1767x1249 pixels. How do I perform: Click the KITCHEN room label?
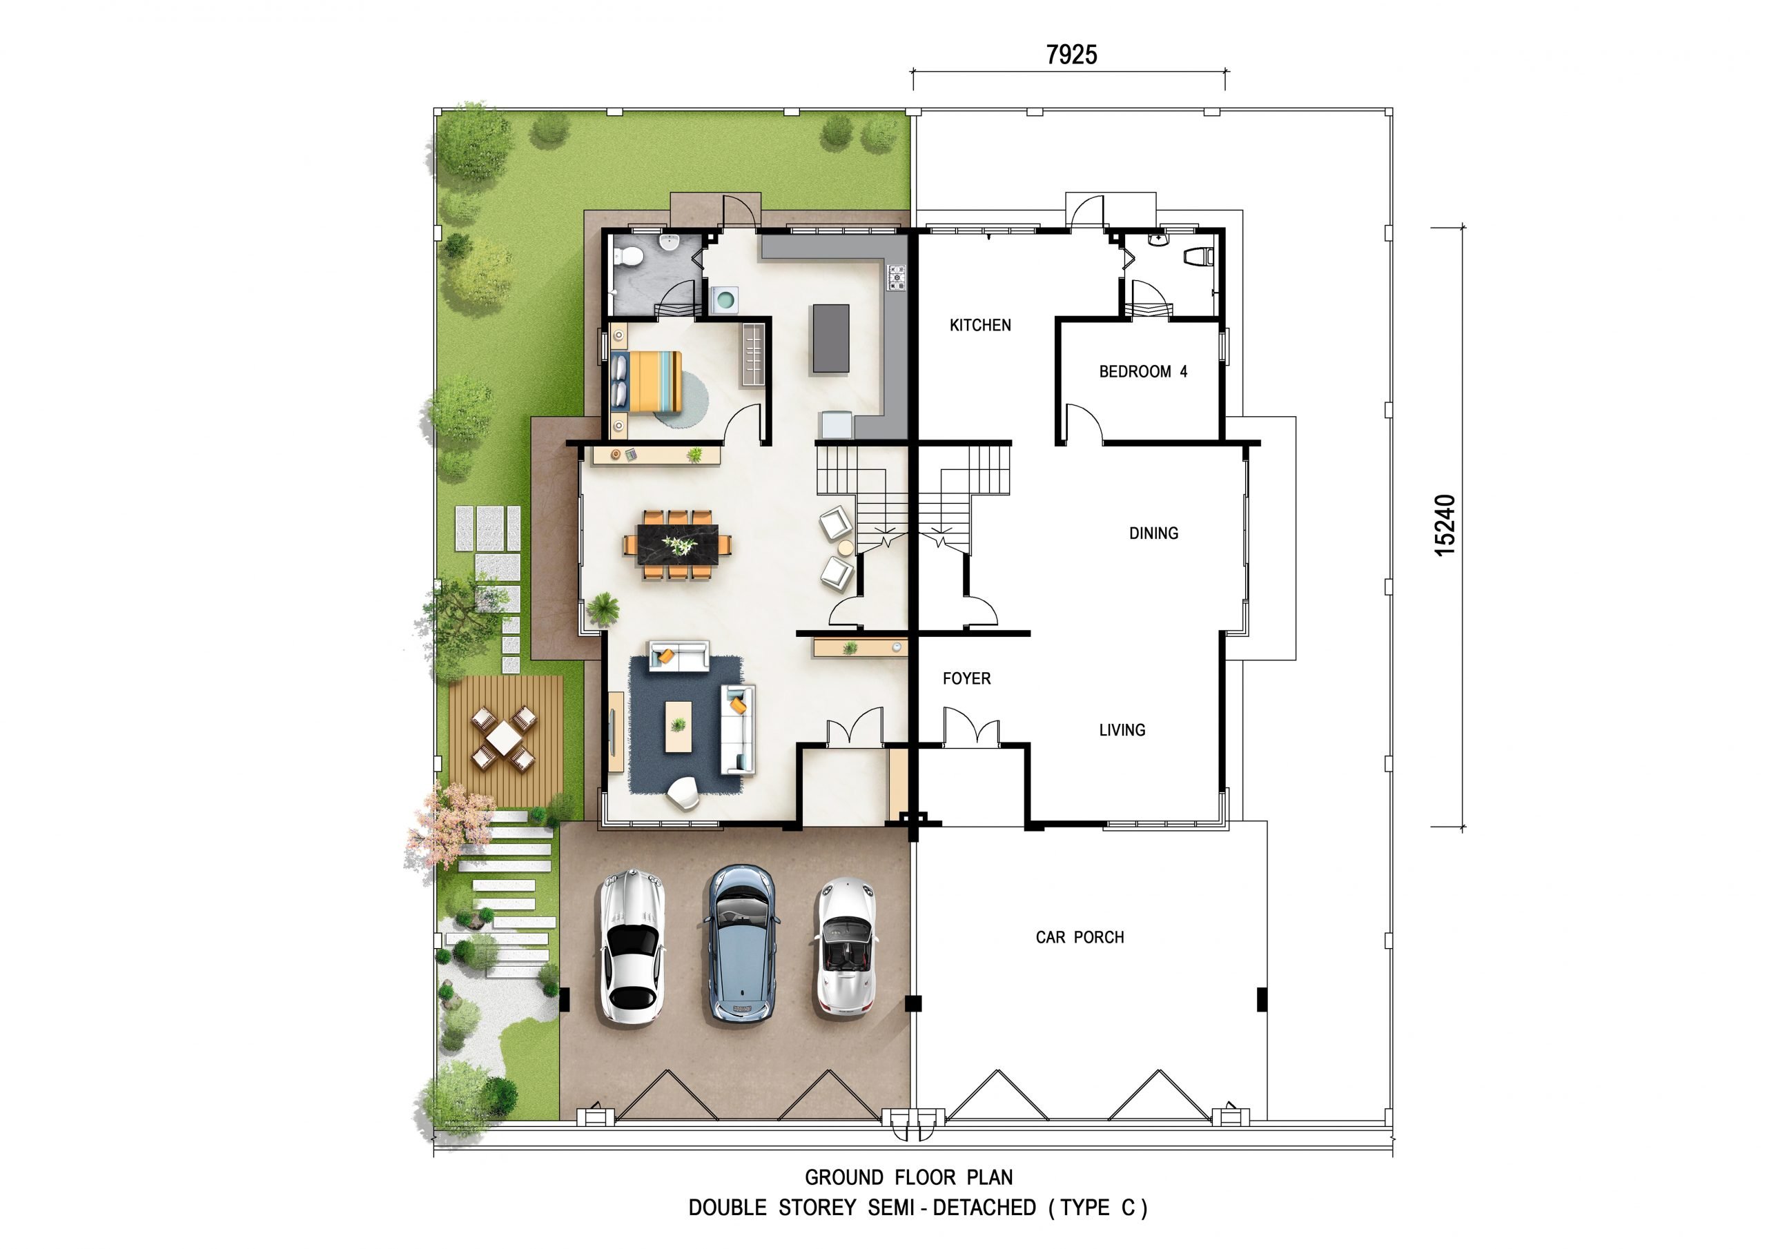point(979,326)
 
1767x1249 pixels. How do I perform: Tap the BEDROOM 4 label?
point(1143,372)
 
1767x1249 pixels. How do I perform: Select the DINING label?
point(1153,533)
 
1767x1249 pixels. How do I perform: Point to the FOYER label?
point(966,679)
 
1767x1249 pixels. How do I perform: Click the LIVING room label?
point(1122,730)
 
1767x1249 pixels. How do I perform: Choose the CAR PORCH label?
point(1080,937)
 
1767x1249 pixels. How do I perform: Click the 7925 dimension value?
point(1071,55)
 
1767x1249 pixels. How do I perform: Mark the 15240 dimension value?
point(1445,526)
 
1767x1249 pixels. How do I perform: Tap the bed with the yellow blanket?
point(647,381)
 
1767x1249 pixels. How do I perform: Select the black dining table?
point(677,545)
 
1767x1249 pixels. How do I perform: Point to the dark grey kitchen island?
point(831,339)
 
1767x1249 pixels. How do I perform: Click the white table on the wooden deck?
point(503,737)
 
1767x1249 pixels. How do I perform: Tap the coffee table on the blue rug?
point(678,727)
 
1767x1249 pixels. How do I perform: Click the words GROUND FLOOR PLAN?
point(909,1178)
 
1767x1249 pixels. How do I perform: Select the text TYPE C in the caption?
point(1097,1208)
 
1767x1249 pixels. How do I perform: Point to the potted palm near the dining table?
point(603,608)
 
